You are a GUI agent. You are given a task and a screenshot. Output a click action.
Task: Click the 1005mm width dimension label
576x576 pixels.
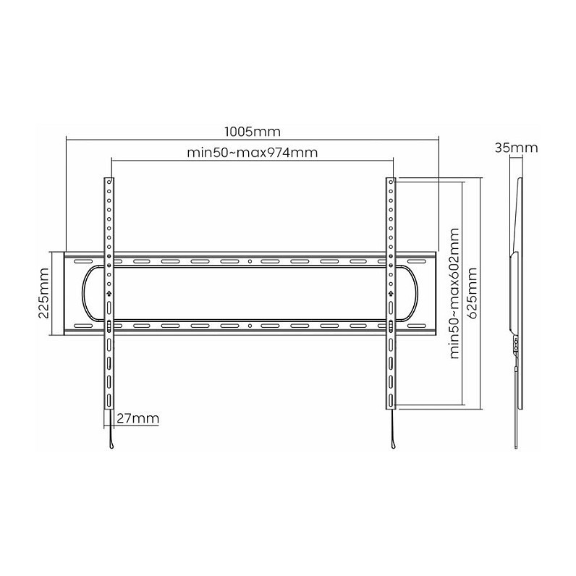pyautogui.click(x=253, y=132)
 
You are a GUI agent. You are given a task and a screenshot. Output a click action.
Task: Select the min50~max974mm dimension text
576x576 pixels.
pyautogui.click(x=253, y=153)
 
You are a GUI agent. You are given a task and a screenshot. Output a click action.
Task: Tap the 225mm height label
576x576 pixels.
pyautogui.click(x=43, y=293)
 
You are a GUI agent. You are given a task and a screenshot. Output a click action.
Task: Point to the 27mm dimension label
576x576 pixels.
pyautogui.click(x=138, y=418)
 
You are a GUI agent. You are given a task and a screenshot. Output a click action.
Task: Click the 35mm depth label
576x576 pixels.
pyautogui.click(x=516, y=148)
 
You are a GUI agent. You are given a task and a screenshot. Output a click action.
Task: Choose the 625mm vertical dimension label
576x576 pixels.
pyautogui.click(x=471, y=293)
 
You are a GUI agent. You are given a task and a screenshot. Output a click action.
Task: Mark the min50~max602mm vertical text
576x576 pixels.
pyautogui.click(x=454, y=293)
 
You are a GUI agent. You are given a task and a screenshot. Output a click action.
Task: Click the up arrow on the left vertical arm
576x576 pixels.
pyautogui.click(x=109, y=293)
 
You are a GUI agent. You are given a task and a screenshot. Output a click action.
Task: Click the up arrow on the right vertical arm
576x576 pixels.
pyautogui.click(x=391, y=293)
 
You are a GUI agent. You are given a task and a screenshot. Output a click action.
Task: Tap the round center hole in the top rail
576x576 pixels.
pyautogui.click(x=250, y=261)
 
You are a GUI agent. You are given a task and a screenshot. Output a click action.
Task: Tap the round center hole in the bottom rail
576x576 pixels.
pyautogui.click(x=250, y=326)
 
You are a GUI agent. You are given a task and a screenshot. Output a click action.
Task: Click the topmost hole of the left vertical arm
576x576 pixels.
pyautogui.click(x=109, y=182)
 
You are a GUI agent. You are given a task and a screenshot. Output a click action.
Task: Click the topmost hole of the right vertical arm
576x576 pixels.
pyautogui.click(x=391, y=182)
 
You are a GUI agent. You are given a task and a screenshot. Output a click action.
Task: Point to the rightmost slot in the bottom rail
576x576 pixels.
pyautogui.click(x=415, y=326)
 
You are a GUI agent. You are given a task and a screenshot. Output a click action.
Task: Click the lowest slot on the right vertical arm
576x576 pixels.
pyautogui.click(x=391, y=399)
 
